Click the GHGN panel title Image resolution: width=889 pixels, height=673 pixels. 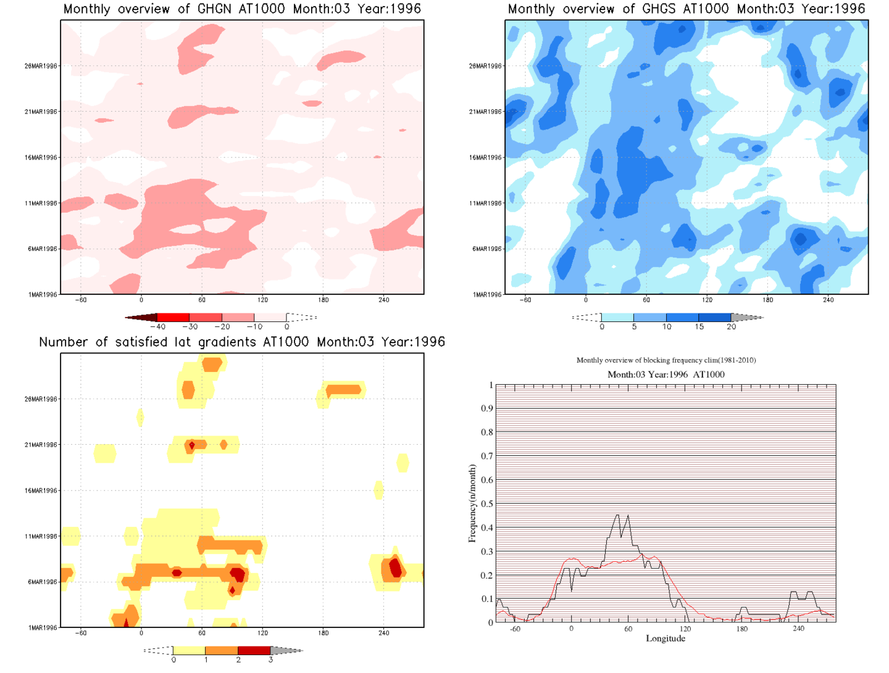(x=242, y=9)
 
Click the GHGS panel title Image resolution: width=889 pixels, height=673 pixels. (x=686, y=9)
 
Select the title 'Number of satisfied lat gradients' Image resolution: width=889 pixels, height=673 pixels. (x=242, y=342)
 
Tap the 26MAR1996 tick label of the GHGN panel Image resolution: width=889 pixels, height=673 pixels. (x=41, y=66)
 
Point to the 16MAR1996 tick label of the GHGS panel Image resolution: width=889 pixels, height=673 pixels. (x=485, y=158)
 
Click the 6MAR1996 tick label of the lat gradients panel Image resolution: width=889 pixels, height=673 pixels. (x=42, y=582)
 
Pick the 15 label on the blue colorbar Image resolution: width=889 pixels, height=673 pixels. (x=699, y=327)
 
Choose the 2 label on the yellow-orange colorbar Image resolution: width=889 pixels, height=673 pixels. (x=238, y=660)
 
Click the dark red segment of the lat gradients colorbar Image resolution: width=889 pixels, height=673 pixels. (x=254, y=650)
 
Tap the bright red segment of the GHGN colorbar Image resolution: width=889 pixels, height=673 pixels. (x=173, y=317)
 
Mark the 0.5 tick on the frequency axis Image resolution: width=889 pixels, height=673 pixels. (x=488, y=504)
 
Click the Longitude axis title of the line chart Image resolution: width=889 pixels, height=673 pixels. (x=666, y=638)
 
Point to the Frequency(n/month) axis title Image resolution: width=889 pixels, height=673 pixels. (x=472, y=503)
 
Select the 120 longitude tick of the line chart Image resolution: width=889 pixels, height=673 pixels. (x=685, y=629)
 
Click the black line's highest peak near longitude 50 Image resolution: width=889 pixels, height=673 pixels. (x=617, y=515)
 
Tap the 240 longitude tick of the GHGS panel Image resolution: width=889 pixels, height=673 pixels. (x=828, y=300)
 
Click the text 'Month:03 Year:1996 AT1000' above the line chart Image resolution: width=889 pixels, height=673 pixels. (x=666, y=374)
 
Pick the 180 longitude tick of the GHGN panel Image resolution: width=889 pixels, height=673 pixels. (x=323, y=300)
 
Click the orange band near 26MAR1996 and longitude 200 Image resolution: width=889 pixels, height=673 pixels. (x=343, y=390)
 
